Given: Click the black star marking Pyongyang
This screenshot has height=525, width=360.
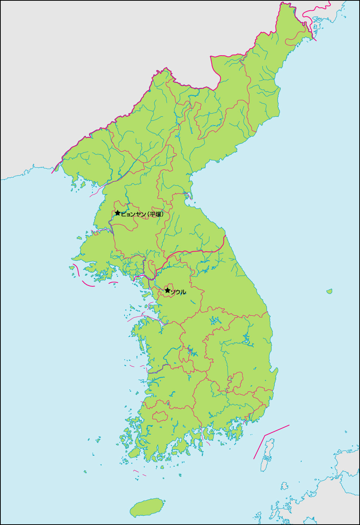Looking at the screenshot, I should click(118, 213).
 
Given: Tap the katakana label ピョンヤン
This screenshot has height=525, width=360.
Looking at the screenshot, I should click(133, 214).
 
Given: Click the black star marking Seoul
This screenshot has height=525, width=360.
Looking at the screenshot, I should click(167, 290).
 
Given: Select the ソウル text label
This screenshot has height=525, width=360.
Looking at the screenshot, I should click(178, 292).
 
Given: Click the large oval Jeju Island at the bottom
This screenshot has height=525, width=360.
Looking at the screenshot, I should click(148, 507).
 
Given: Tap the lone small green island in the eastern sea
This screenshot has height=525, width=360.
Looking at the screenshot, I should click(329, 292).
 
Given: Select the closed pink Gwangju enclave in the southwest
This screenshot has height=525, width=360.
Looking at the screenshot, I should click(160, 416).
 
